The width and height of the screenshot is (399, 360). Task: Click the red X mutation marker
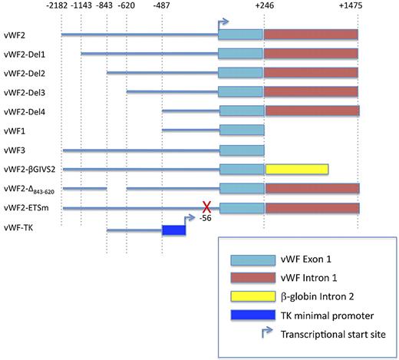coord(206,206)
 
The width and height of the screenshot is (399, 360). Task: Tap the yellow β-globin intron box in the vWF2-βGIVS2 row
coord(296,169)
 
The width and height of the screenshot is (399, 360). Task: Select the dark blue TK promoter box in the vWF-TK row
coord(174,230)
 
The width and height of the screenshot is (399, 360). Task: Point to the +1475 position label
coord(357,7)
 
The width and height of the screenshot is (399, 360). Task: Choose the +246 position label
coord(264,7)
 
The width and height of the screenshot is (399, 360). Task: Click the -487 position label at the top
coord(162,7)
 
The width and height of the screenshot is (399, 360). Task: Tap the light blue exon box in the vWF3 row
coord(241,150)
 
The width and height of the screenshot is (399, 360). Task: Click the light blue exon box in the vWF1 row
coord(241,130)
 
